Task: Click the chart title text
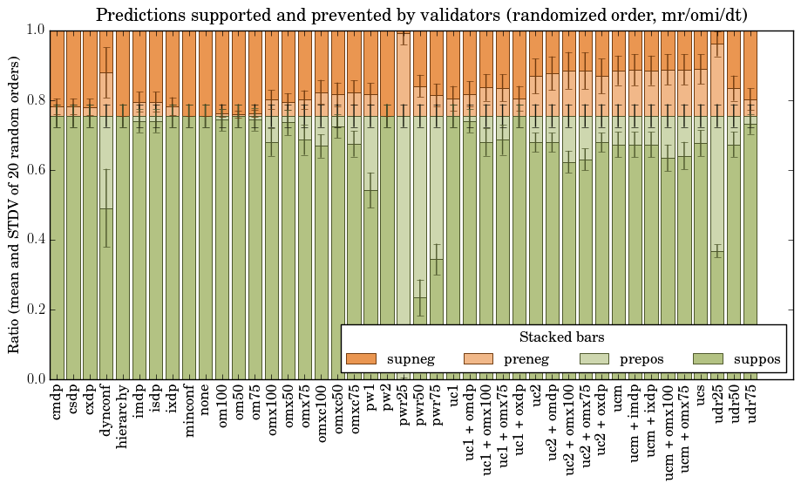[x=421, y=15]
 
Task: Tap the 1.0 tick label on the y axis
[x=36, y=30]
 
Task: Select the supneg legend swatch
[x=361, y=358]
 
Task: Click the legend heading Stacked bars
[x=562, y=337]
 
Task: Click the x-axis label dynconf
[x=106, y=409]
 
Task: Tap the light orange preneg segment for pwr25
[x=403, y=74]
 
